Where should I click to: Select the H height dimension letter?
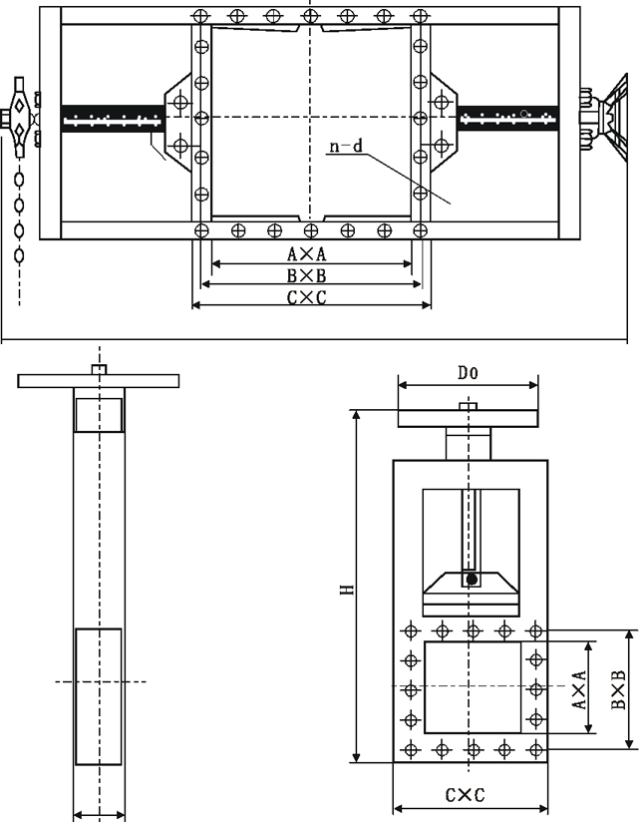coord(344,590)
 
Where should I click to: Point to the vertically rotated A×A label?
coord(579,688)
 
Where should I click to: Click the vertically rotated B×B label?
coord(619,688)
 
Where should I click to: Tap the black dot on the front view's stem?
coord(472,580)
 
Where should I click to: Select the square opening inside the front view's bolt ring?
coord(473,687)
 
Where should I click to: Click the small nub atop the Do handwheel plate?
coord(467,405)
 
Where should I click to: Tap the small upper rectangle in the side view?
coord(99,414)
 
